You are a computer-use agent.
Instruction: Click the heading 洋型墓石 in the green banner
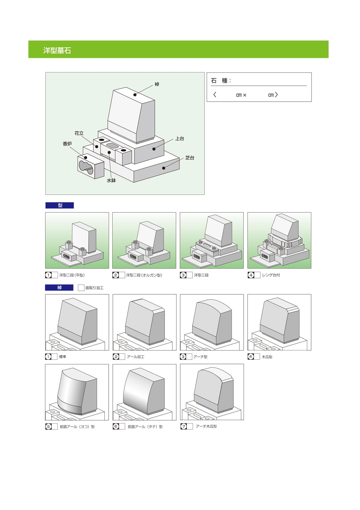pyautogui.click(x=57, y=50)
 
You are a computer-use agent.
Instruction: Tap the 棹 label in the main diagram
pyautogui.click(x=157, y=84)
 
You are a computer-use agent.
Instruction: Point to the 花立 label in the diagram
pyautogui.click(x=79, y=133)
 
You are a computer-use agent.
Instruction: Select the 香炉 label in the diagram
pyautogui.click(x=67, y=144)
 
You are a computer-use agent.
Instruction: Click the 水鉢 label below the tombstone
pyautogui.click(x=111, y=180)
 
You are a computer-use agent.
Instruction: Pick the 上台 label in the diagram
pyautogui.click(x=180, y=139)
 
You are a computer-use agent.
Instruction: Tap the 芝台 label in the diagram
pyautogui.click(x=190, y=158)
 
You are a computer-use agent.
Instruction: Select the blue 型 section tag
pyautogui.click(x=60, y=205)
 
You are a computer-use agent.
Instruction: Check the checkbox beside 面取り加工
pyautogui.click(x=81, y=288)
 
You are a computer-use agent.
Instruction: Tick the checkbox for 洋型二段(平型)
pyautogui.click(x=54, y=275)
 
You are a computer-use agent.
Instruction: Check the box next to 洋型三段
pyautogui.click(x=189, y=275)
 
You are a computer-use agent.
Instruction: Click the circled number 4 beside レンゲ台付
pyautogui.click(x=251, y=275)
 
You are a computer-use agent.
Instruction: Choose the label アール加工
pyautogui.click(x=136, y=357)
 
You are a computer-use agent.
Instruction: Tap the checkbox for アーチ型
pyautogui.click(x=189, y=357)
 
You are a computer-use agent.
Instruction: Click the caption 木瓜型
pyautogui.click(x=267, y=357)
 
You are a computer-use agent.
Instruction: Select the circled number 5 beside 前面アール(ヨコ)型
pyautogui.click(x=49, y=427)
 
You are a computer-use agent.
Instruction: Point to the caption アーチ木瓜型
pyautogui.click(x=206, y=426)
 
